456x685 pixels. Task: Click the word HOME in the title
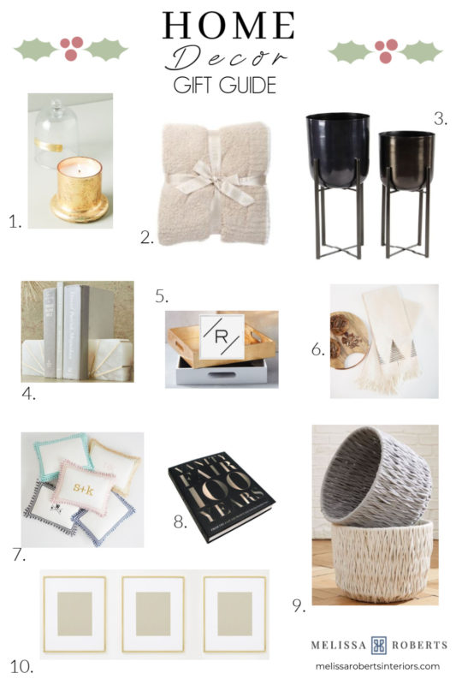tap(228, 26)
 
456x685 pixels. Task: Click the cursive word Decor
tap(227, 58)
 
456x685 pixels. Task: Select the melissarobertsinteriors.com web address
tap(377, 666)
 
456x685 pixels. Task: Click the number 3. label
tap(440, 119)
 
